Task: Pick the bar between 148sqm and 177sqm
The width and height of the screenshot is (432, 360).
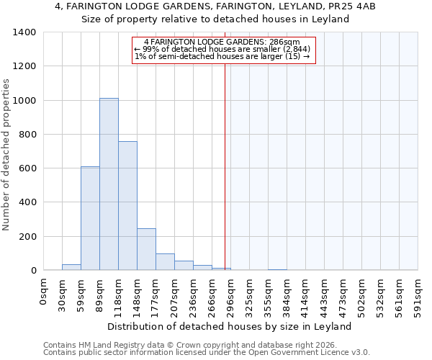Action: pos(146,249)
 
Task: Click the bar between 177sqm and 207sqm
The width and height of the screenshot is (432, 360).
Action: pos(165,262)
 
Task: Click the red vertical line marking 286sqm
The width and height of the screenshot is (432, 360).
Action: pos(225,166)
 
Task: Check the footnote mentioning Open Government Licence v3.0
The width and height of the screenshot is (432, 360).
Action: pos(207,352)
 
